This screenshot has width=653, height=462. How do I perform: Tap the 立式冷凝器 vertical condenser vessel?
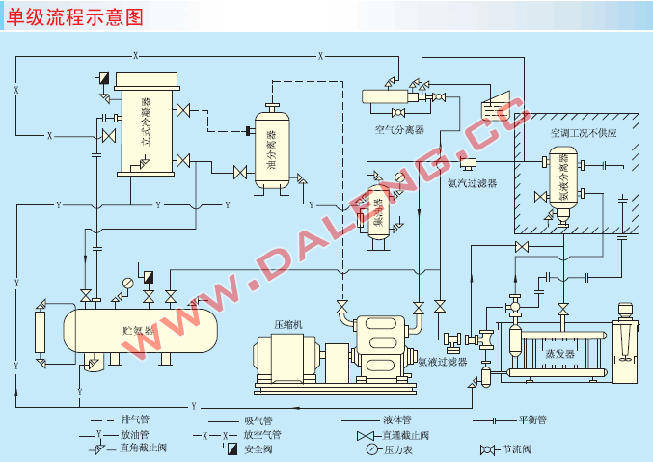(146, 125)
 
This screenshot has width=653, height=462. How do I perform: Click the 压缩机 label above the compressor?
(288, 325)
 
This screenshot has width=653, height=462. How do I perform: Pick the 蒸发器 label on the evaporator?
(559, 354)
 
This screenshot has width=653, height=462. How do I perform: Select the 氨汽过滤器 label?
(473, 182)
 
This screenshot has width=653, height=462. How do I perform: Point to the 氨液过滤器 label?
(443, 363)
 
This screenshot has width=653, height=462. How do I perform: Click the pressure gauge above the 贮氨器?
(127, 284)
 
